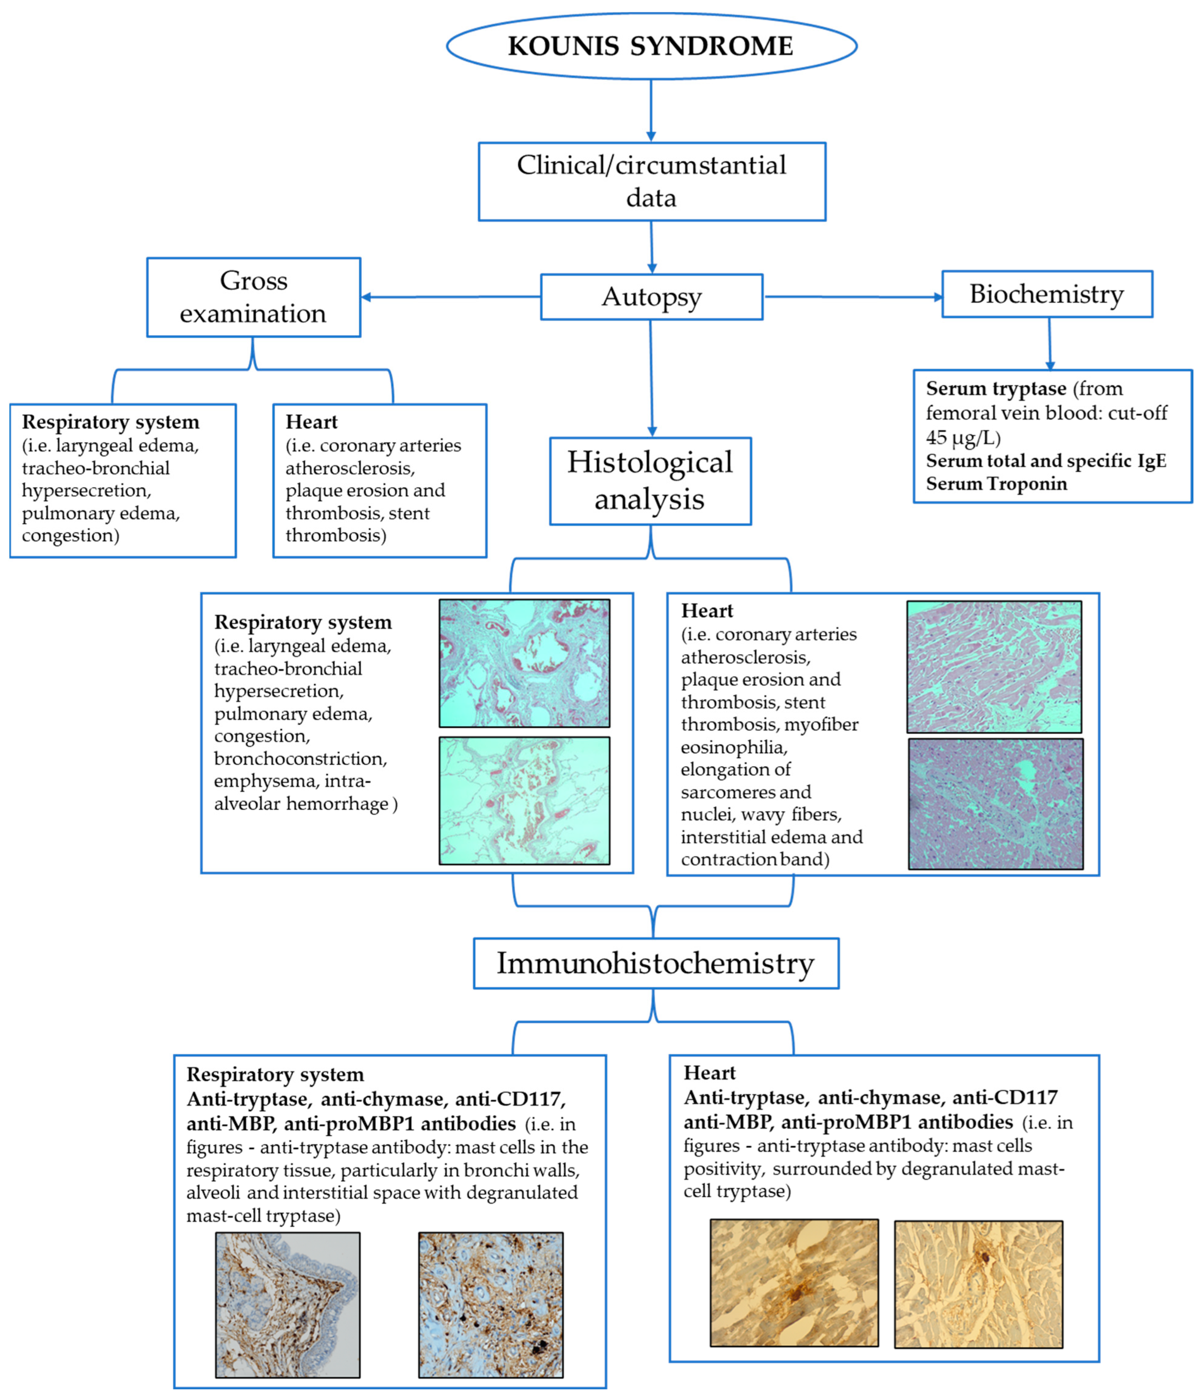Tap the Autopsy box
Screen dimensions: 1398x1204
point(651,297)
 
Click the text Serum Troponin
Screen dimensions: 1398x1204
point(996,484)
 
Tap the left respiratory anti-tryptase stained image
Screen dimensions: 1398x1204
point(287,1305)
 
